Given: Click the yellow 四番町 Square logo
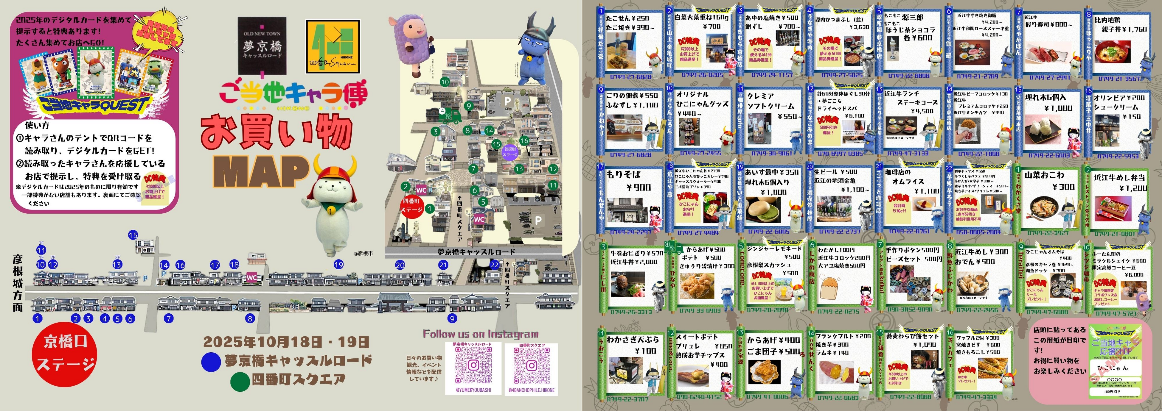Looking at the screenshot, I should pos(333,47).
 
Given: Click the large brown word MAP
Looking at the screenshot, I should pos(261,171).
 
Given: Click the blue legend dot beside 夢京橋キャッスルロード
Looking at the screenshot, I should pos(211,362).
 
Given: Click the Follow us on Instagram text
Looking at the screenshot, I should pos(480,334).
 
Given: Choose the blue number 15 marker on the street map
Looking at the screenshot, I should pos(133,235).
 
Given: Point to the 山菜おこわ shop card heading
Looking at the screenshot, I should pos(1050,175).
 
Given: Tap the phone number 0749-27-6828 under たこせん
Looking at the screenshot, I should pos(631,76).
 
